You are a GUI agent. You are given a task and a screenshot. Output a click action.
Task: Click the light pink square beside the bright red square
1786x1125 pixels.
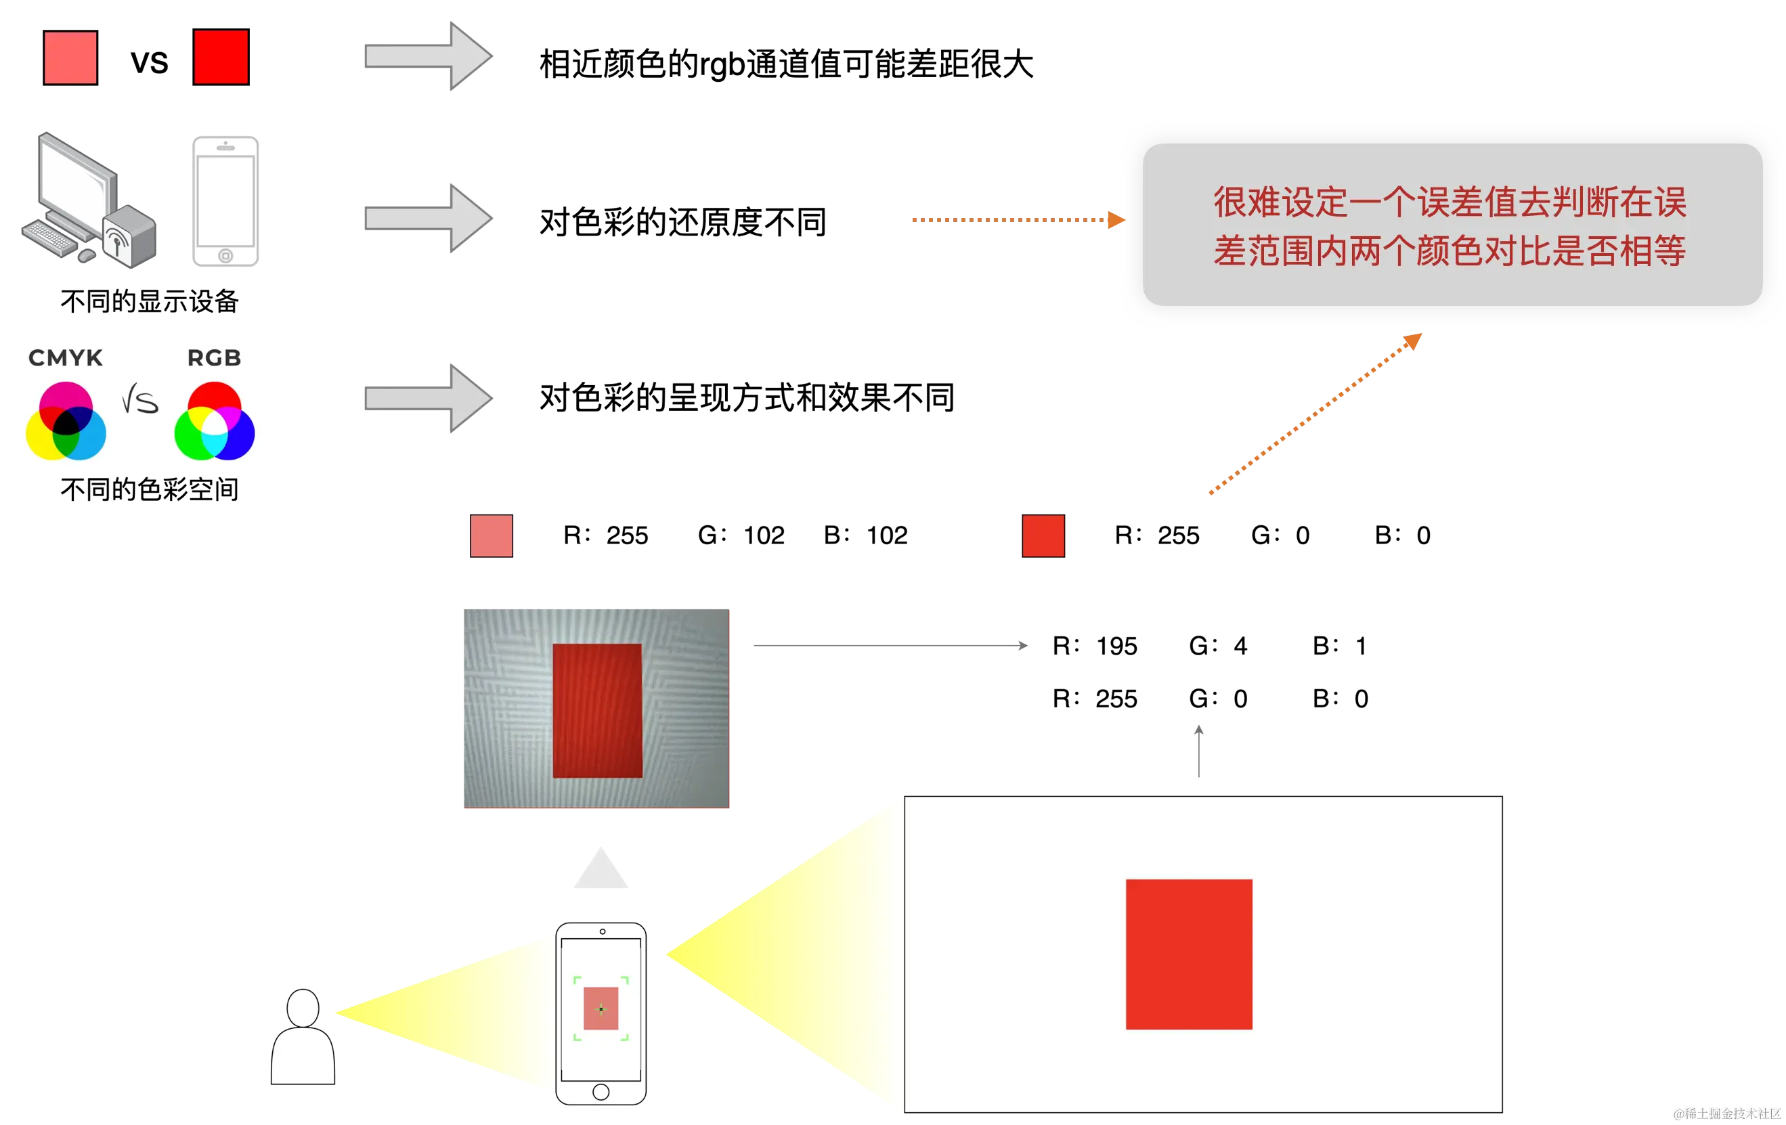[x=70, y=57]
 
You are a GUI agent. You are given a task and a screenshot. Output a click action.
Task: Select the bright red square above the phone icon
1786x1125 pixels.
[x=220, y=57]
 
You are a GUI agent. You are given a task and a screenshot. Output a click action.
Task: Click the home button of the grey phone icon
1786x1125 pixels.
[x=225, y=256]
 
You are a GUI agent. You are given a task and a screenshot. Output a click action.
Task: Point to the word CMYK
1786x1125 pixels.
[x=65, y=358]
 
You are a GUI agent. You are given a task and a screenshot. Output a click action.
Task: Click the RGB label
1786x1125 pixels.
[x=214, y=358]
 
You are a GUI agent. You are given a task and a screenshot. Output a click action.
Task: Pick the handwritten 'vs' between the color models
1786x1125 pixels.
[x=140, y=401]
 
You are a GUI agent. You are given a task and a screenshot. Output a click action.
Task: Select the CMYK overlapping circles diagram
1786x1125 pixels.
[x=66, y=421]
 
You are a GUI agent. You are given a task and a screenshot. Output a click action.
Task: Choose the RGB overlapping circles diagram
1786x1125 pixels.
[x=215, y=421]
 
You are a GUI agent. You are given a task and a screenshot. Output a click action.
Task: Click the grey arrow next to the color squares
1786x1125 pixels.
[x=429, y=56]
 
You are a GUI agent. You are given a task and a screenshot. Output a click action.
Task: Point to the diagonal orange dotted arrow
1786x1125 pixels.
[x=1317, y=414]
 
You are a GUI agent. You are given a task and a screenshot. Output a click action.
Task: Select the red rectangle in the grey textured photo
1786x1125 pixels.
[x=597, y=711]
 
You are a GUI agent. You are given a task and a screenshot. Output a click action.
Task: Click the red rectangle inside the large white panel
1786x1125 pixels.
[x=1189, y=954]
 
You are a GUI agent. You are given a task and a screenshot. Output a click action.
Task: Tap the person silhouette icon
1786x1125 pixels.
[x=303, y=1038]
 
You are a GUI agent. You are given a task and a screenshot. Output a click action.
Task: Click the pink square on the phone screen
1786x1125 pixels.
[x=601, y=1009]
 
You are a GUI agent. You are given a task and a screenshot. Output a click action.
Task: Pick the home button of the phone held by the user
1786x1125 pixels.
[x=601, y=1092]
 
